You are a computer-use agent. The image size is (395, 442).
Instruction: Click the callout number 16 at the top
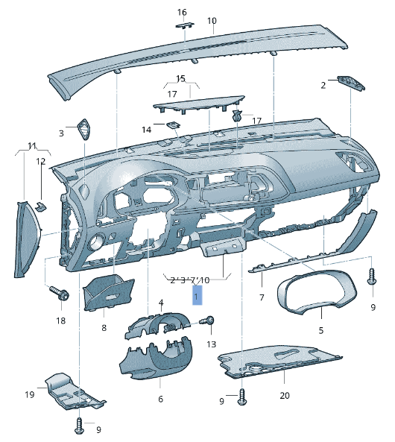pyautogui.click(x=182, y=13)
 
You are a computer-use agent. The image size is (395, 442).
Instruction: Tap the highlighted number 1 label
pyautogui.click(x=196, y=296)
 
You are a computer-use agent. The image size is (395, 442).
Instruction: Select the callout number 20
pyautogui.click(x=284, y=395)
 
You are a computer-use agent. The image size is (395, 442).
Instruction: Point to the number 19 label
pyautogui.click(x=30, y=394)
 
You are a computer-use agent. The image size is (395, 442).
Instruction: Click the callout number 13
pyautogui.click(x=211, y=344)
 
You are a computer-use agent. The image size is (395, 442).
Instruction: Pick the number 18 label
pyautogui.click(x=60, y=321)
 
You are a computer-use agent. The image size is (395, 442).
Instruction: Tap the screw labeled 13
pyautogui.click(x=209, y=322)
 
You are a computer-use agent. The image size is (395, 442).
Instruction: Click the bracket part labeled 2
pyautogui.click(x=350, y=82)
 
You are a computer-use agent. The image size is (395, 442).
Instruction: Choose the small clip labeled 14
pyautogui.click(x=172, y=125)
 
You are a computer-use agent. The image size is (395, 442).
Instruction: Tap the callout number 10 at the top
pyautogui.click(x=212, y=21)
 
